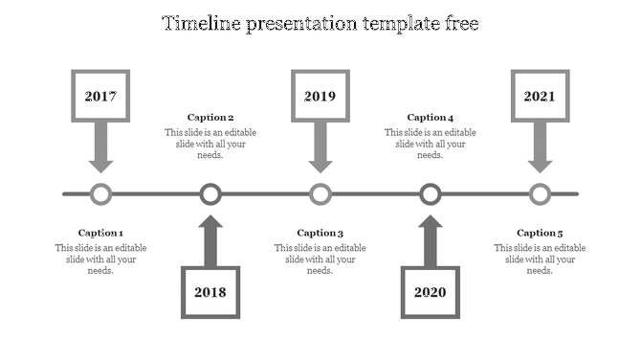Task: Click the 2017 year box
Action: (x=100, y=97)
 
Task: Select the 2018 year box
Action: (x=210, y=292)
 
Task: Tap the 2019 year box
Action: (x=320, y=97)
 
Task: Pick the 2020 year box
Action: (x=431, y=292)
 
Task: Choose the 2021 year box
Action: (x=540, y=97)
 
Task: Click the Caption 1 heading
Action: (x=100, y=233)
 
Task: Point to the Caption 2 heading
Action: (x=210, y=118)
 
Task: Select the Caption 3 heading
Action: (x=320, y=233)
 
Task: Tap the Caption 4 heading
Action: (x=431, y=118)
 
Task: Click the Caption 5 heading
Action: (x=540, y=233)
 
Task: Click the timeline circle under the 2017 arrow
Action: (x=100, y=194)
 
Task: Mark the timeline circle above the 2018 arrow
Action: (x=210, y=194)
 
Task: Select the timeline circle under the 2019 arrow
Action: (x=320, y=194)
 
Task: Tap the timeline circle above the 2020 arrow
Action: (x=431, y=194)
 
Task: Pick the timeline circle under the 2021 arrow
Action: (x=541, y=194)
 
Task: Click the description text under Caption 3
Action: (x=320, y=259)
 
